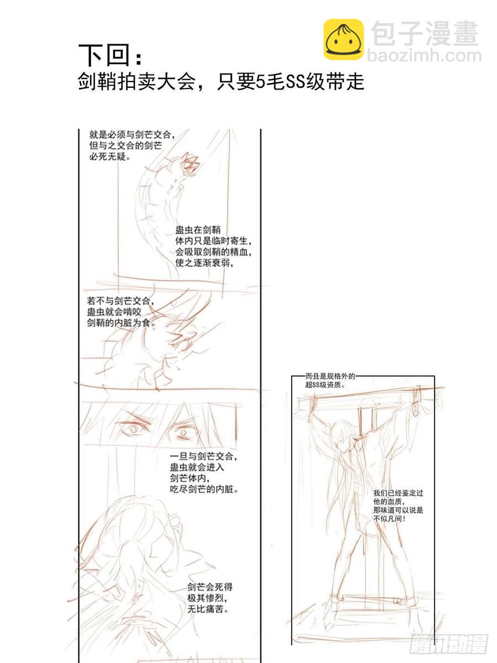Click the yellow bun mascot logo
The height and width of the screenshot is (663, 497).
pos(343,39)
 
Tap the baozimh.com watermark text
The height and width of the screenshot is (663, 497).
pos(424,56)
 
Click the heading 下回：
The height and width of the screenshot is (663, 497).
pos(110,55)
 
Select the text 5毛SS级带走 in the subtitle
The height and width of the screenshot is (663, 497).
pos(310,82)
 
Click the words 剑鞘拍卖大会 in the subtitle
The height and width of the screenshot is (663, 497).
pos(135,82)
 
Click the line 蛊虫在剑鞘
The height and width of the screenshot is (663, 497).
pos(198,230)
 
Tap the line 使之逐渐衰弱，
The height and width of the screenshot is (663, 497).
pos(204,262)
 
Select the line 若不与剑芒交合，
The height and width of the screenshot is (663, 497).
pos(121,301)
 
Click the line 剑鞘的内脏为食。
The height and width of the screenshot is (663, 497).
pos(121,322)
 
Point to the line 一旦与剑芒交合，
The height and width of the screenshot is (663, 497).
pos(204,456)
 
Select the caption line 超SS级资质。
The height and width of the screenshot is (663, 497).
pos(325,385)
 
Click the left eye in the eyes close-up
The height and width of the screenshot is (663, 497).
pos(134,428)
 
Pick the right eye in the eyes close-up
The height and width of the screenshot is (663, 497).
pos(183,433)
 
